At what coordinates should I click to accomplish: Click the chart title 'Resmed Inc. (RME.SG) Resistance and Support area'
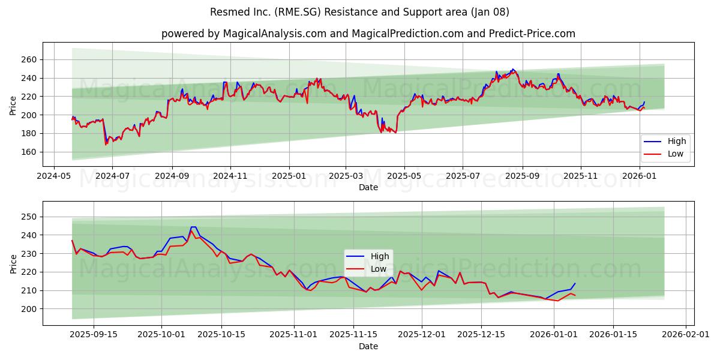[x=359, y=12]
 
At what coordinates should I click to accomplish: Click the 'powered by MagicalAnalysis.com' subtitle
[x=368, y=34]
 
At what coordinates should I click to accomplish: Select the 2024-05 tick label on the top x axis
[x=55, y=176]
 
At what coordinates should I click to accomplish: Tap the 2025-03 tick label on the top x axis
[x=346, y=176]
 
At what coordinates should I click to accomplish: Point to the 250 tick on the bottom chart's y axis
[x=29, y=217]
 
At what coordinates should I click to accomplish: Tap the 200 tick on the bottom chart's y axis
[x=29, y=308]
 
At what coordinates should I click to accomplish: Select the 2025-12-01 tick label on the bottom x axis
[x=422, y=334]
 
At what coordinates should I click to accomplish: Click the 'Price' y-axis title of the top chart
[x=13, y=106]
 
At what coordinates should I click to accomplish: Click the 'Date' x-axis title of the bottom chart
[x=368, y=346]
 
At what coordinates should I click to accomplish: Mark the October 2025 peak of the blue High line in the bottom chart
[x=193, y=227]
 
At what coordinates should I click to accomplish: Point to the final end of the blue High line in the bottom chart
[x=575, y=283]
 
